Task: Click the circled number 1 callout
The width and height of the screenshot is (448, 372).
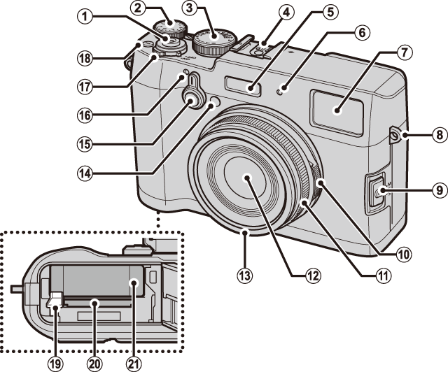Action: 84,17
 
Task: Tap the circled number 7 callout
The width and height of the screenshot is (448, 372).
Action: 404,52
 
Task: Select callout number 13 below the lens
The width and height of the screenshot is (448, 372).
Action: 245,276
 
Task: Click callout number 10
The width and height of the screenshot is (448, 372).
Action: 403,254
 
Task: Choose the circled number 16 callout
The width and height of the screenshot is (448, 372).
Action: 84,115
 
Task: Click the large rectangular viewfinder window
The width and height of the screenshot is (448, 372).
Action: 337,112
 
